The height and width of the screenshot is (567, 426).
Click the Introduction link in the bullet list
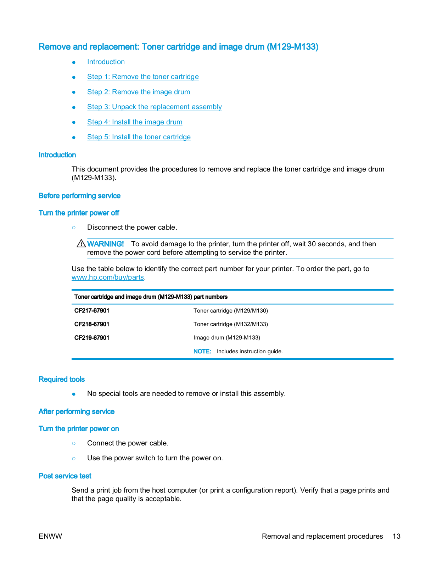106,62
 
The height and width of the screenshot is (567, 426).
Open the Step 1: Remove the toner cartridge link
143,77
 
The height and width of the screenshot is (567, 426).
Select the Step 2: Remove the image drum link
139,92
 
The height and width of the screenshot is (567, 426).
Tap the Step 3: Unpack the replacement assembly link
154,107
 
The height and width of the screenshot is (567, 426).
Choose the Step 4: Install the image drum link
135,122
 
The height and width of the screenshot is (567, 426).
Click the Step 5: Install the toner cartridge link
139,137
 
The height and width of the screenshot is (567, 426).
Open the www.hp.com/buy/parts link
107,277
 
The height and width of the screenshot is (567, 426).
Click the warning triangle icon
81,244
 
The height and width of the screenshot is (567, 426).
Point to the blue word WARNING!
105,244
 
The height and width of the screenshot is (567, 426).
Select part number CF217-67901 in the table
92,311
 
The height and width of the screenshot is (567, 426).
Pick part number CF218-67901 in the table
92,324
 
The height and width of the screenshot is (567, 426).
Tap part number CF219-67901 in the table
92,338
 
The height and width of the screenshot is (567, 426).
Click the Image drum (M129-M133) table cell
226,338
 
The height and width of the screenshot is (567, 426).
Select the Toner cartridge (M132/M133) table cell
230,324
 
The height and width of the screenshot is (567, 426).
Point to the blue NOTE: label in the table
202,352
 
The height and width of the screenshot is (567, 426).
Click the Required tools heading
62,380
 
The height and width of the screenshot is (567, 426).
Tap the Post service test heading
65,476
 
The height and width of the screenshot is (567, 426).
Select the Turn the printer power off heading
79,213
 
